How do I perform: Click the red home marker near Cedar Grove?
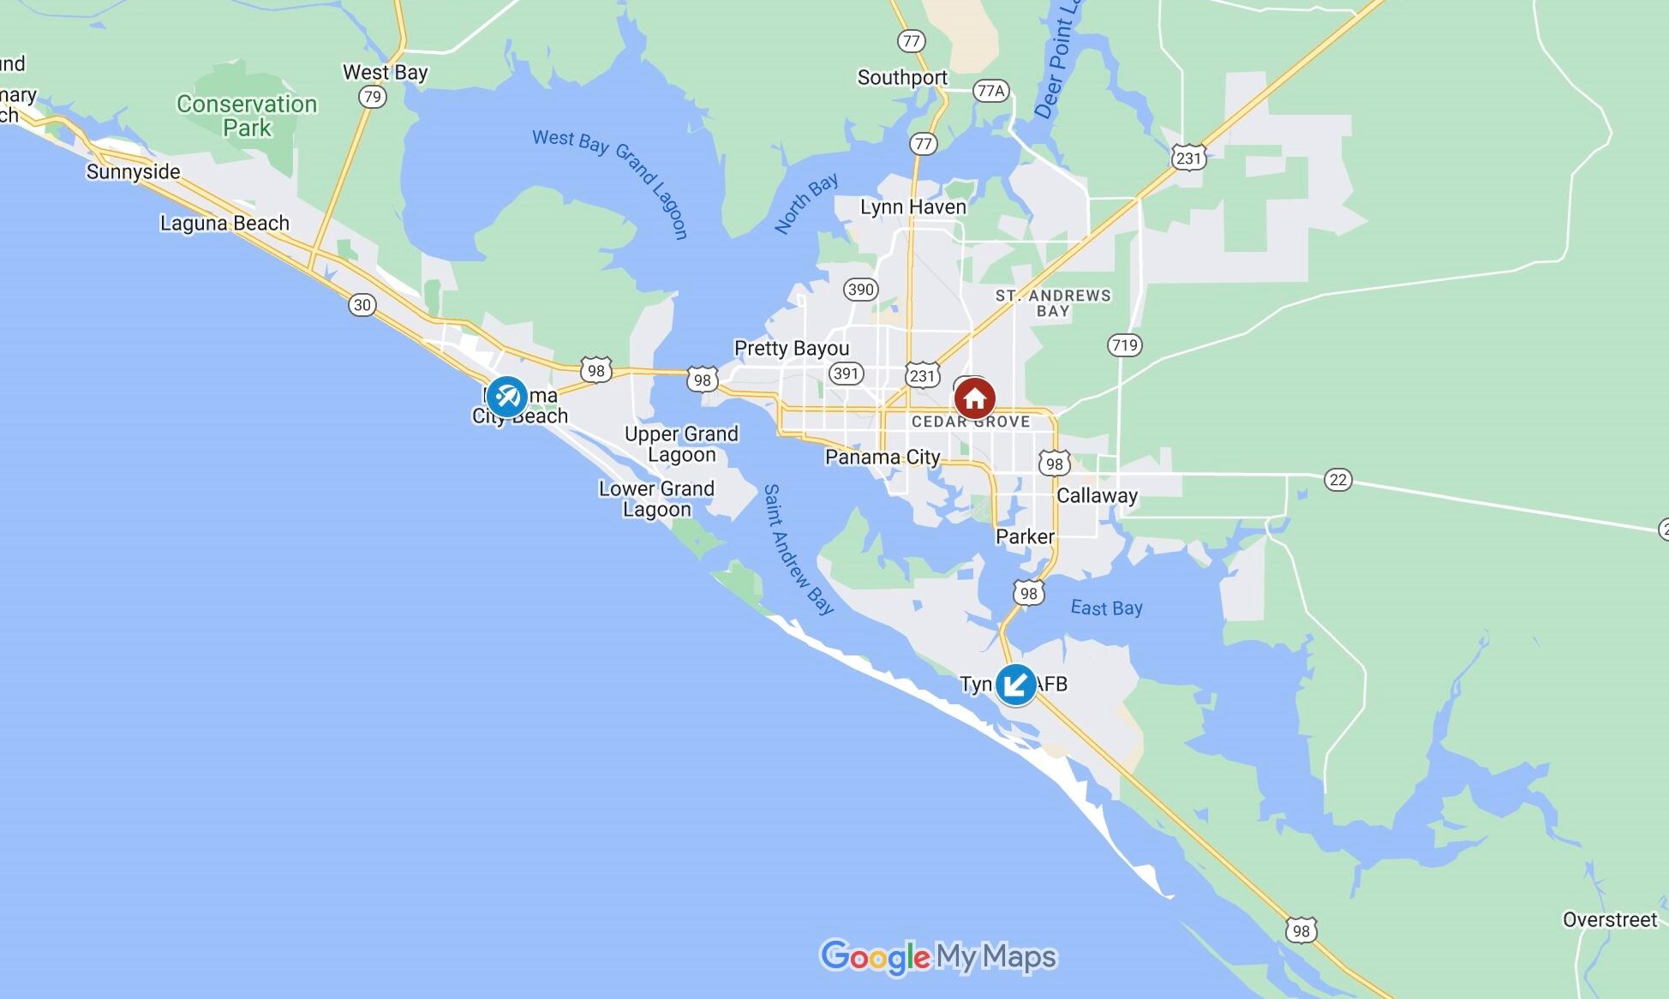974,398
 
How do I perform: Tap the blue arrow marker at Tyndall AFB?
1015,685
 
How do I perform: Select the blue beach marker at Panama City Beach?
506,398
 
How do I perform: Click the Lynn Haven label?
912,207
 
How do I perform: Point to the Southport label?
902,78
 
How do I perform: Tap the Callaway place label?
1097,496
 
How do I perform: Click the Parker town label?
1025,537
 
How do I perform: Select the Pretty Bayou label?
792,349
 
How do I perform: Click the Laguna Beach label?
224,224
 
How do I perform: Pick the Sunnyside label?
133,172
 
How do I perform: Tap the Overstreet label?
1609,920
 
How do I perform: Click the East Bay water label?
1106,608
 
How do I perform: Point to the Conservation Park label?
247,117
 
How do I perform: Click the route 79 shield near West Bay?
372,97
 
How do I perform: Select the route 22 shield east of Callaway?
1338,480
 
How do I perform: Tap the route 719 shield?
1124,345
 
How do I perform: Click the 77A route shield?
990,91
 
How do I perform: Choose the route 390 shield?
860,290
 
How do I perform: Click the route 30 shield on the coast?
362,305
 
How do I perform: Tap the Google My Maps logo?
938,956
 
